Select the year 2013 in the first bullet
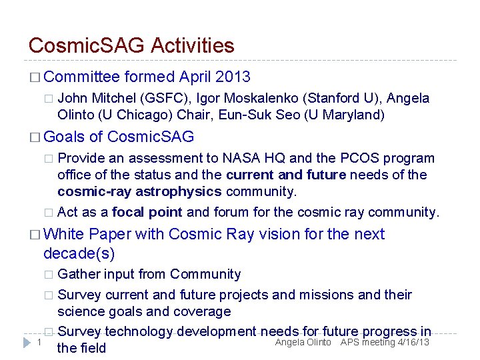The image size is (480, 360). point(233,77)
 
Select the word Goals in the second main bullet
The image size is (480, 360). point(64,137)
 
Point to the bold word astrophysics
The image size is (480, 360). point(181,191)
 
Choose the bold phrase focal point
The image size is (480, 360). point(147,212)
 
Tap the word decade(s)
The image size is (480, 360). point(79,253)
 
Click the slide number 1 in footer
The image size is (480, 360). point(39,342)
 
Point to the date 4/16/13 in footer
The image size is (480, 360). point(413,342)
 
